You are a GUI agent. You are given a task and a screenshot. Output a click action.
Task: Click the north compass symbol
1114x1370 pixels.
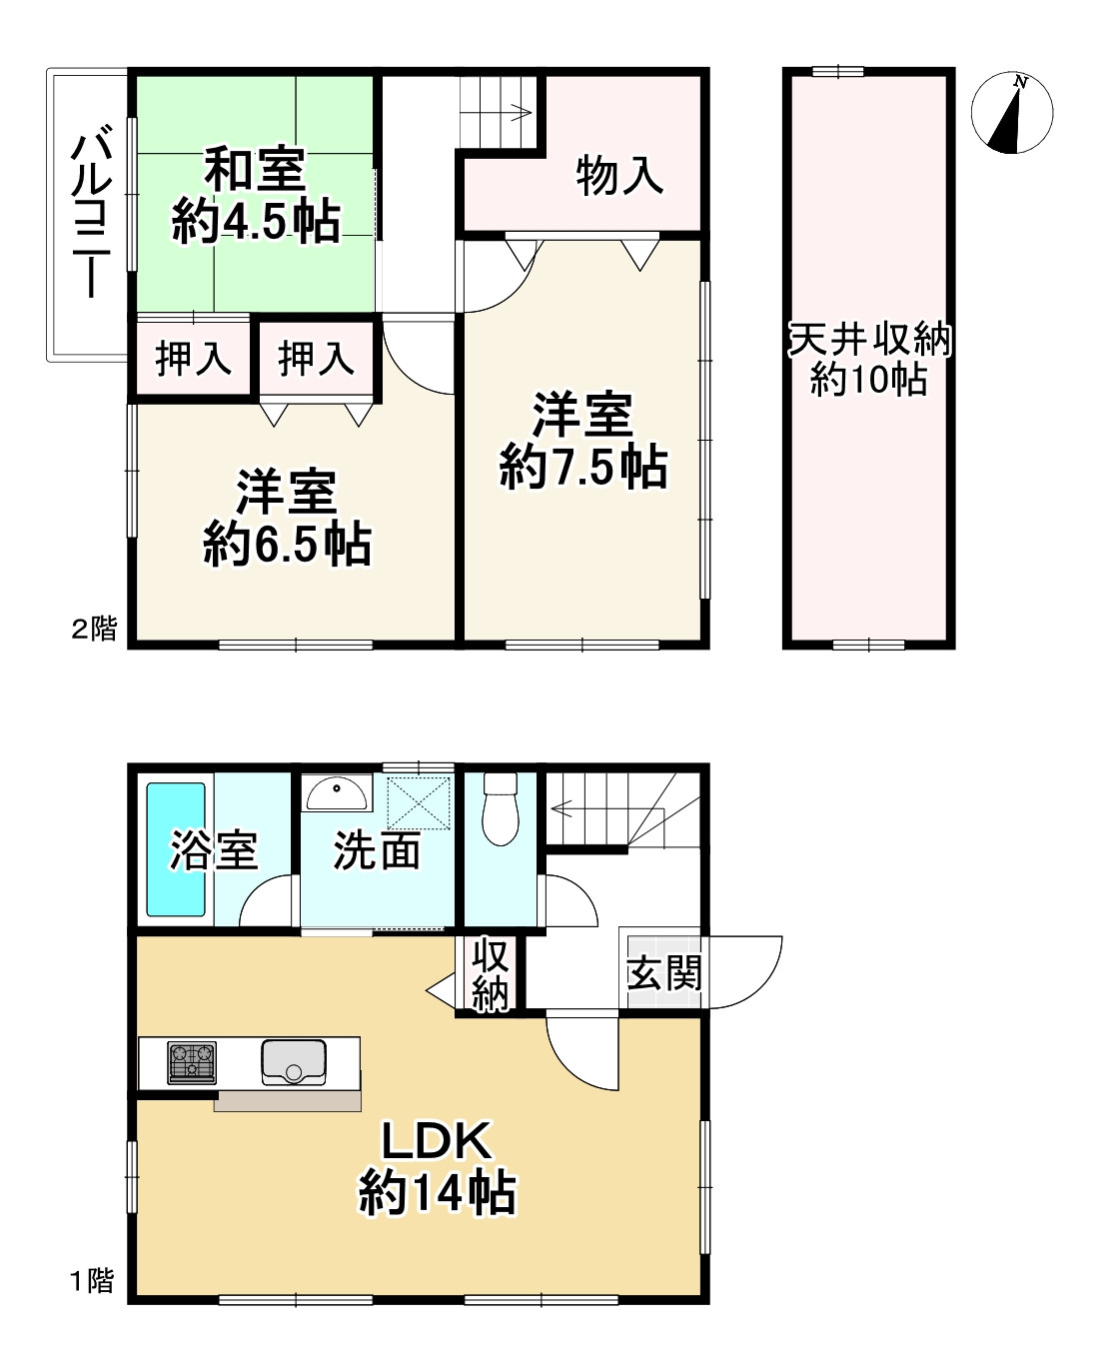click(x=1012, y=113)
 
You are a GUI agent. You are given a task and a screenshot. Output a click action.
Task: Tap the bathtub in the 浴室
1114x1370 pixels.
click(x=177, y=849)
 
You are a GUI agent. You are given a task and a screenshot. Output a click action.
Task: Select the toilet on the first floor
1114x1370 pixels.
click(x=499, y=810)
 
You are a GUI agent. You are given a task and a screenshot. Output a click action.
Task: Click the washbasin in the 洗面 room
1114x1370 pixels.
click(x=337, y=793)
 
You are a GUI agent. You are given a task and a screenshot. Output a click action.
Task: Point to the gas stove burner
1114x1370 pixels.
click(x=192, y=1062)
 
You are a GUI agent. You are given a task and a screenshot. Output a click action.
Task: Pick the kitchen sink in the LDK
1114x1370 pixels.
click(x=294, y=1061)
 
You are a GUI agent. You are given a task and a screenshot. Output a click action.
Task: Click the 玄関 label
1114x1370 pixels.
click(x=664, y=972)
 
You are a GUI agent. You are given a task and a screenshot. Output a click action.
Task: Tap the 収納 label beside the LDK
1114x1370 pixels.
click(x=491, y=974)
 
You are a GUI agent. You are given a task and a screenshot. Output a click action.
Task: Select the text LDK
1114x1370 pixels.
click(x=438, y=1141)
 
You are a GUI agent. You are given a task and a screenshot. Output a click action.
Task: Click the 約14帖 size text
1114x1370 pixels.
click(x=438, y=1192)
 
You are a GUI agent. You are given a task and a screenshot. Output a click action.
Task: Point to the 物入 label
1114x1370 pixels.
click(x=619, y=176)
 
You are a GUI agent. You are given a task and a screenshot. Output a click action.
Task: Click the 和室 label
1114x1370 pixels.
click(x=255, y=170)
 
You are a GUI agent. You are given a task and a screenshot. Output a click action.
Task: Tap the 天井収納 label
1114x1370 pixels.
click(x=870, y=340)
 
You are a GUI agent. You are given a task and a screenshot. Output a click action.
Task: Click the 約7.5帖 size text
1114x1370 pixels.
click(x=583, y=467)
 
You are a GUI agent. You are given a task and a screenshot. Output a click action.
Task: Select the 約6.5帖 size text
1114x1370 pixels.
click(x=288, y=545)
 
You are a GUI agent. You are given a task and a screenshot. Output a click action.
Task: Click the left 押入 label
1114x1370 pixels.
click(x=194, y=357)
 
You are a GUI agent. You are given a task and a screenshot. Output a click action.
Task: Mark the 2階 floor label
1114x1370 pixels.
click(x=94, y=630)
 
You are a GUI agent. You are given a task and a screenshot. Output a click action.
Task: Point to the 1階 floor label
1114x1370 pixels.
click(x=92, y=1281)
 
